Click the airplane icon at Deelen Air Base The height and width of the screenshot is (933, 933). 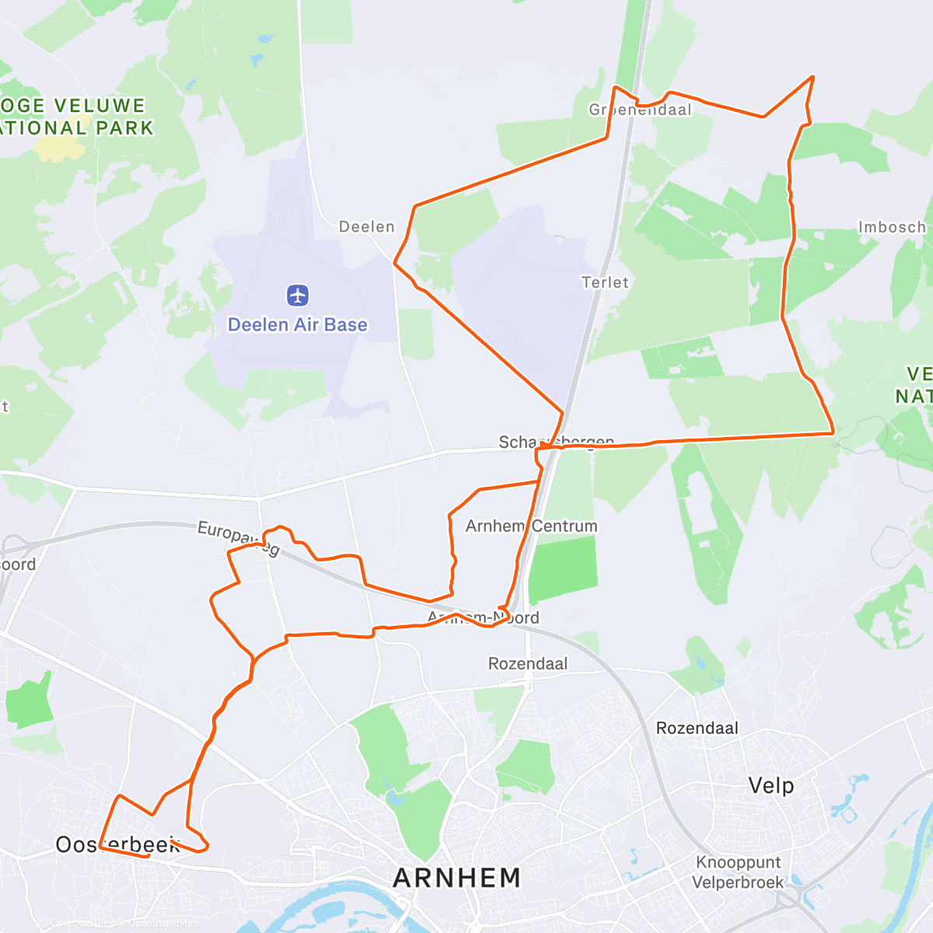pyautogui.click(x=298, y=295)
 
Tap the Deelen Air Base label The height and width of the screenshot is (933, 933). pyautogui.click(x=297, y=325)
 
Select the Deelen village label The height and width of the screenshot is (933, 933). pyautogui.click(x=367, y=227)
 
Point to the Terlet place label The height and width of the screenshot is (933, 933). pyautogui.click(x=605, y=282)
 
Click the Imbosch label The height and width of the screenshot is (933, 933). pyautogui.click(x=892, y=227)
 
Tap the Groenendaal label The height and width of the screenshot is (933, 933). pyautogui.click(x=640, y=110)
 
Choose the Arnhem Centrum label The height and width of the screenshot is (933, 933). pyautogui.click(x=532, y=526)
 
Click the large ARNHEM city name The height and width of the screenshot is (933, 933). pyautogui.click(x=457, y=878)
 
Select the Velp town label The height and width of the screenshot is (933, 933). pyautogui.click(x=771, y=785)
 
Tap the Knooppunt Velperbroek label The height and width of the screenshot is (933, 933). pyautogui.click(x=739, y=872)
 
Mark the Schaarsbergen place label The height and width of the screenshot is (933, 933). pyautogui.click(x=557, y=442)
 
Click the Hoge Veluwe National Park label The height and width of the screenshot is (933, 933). pyautogui.click(x=74, y=117)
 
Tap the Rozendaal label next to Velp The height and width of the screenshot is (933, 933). pyautogui.click(x=697, y=729)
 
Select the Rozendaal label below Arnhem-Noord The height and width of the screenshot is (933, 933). pyautogui.click(x=528, y=664)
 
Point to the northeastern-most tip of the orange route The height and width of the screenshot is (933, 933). pyautogui.click(x=812, y=76)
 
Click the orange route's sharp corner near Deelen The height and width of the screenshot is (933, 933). pyautogui.click(x=395, y=263)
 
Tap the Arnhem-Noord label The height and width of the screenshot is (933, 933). pyautogui.click(x=483, y=618)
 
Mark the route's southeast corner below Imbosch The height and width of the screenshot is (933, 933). pyautogui.click(x=833, y=432)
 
